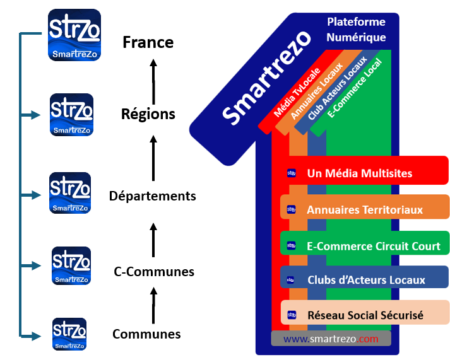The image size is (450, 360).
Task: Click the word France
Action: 148,43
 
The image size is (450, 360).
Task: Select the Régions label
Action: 148,115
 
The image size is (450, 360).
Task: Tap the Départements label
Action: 152,196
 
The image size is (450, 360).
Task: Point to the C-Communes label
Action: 153,272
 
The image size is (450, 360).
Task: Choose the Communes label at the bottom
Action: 146,334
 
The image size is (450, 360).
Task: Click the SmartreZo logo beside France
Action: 74,35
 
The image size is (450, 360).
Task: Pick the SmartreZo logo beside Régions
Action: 71,115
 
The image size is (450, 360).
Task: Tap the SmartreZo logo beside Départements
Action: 70,193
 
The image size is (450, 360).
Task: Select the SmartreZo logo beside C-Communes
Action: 71,265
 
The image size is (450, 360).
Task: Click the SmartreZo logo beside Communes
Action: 69,334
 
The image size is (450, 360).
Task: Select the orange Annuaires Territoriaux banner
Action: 365,209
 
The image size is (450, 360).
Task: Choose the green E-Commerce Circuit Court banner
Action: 365,245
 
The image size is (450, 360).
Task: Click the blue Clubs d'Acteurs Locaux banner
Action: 365,279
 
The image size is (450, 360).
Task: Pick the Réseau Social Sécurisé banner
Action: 365,315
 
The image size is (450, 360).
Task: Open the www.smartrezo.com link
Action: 331,339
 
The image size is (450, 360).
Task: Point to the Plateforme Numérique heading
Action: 356,30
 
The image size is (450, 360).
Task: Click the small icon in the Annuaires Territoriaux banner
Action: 292,209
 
